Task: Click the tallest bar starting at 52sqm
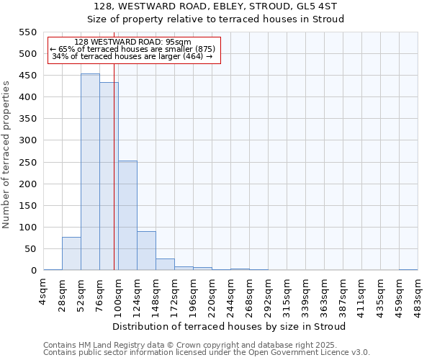(90, 173)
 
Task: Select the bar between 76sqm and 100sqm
(109, 176)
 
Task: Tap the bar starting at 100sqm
(127, 216)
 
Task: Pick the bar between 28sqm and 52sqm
(71, 253)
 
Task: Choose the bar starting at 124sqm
(146, 251)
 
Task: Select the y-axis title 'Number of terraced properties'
(7, 155)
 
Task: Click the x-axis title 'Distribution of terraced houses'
(229, 326)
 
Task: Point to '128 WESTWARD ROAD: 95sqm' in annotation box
(132, 42)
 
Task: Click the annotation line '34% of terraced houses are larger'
(132, 56)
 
